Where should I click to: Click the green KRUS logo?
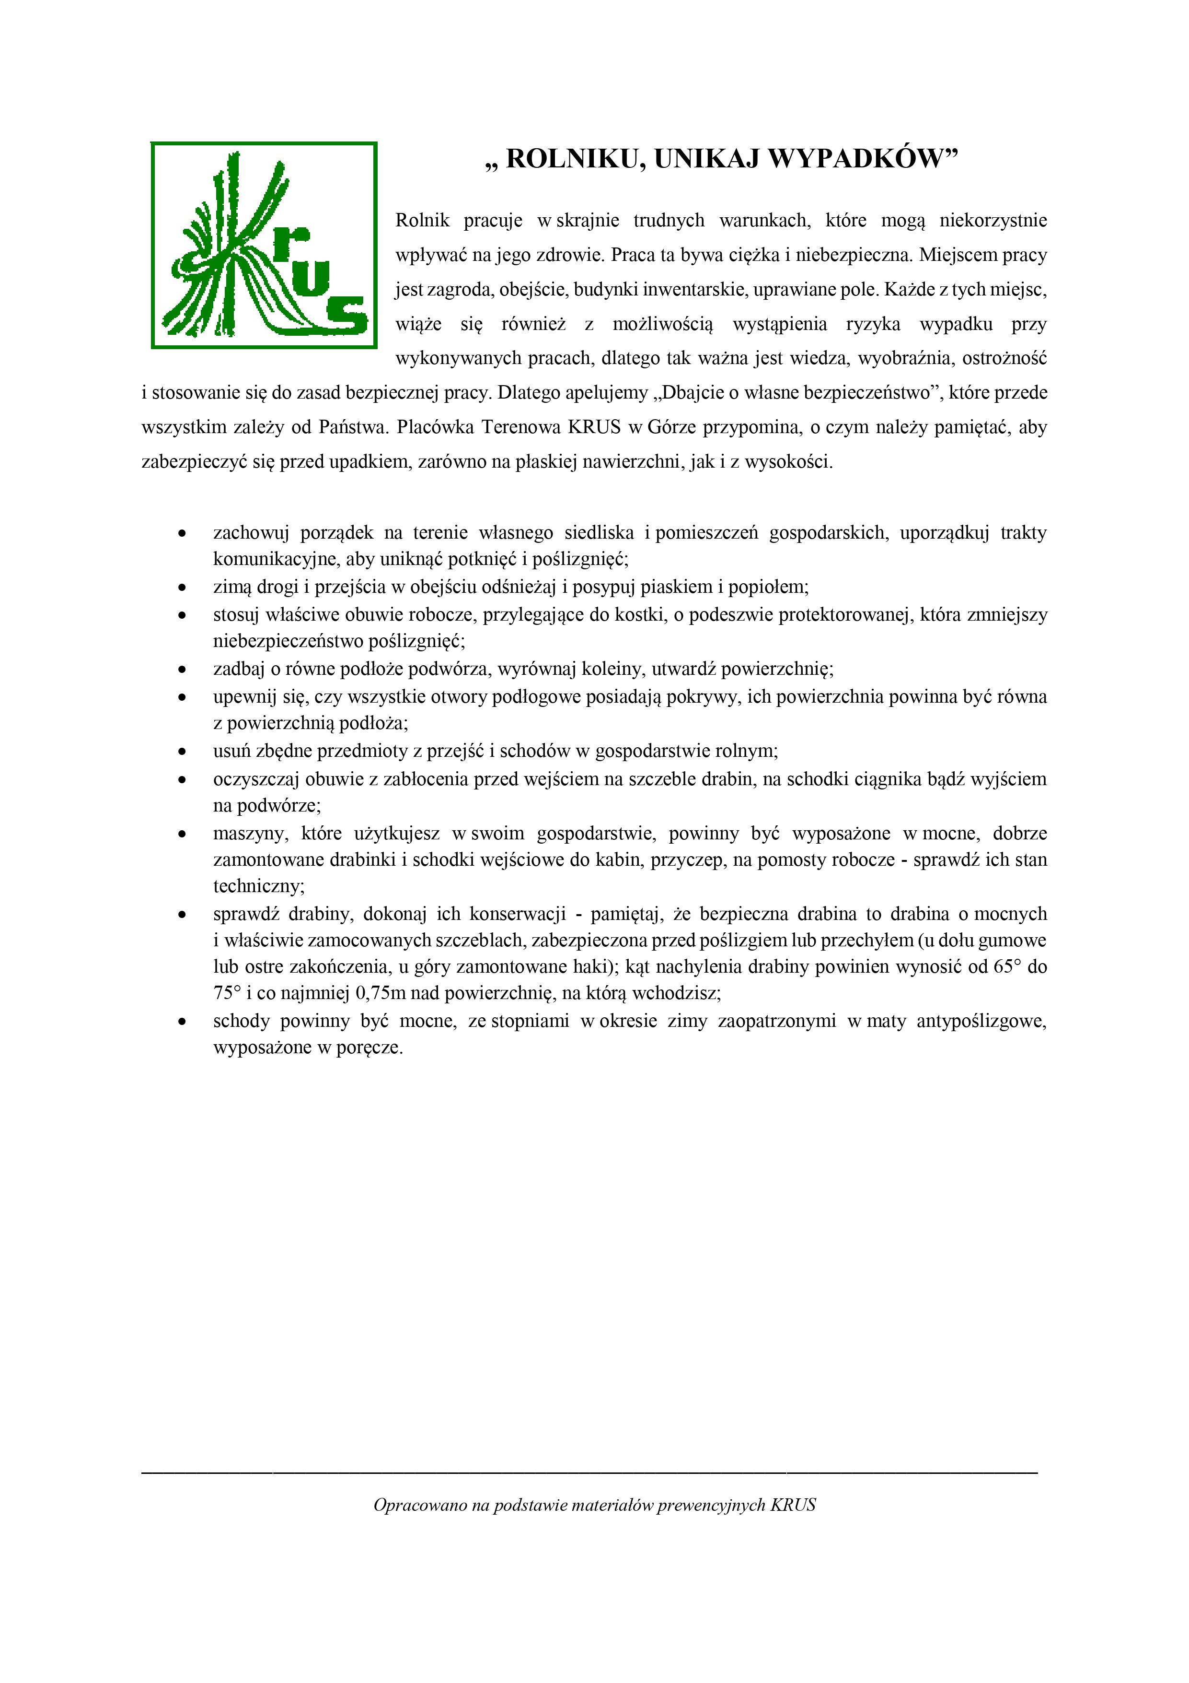click(x=263, y=245)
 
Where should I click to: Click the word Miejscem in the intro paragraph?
click(x=953, y=255)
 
